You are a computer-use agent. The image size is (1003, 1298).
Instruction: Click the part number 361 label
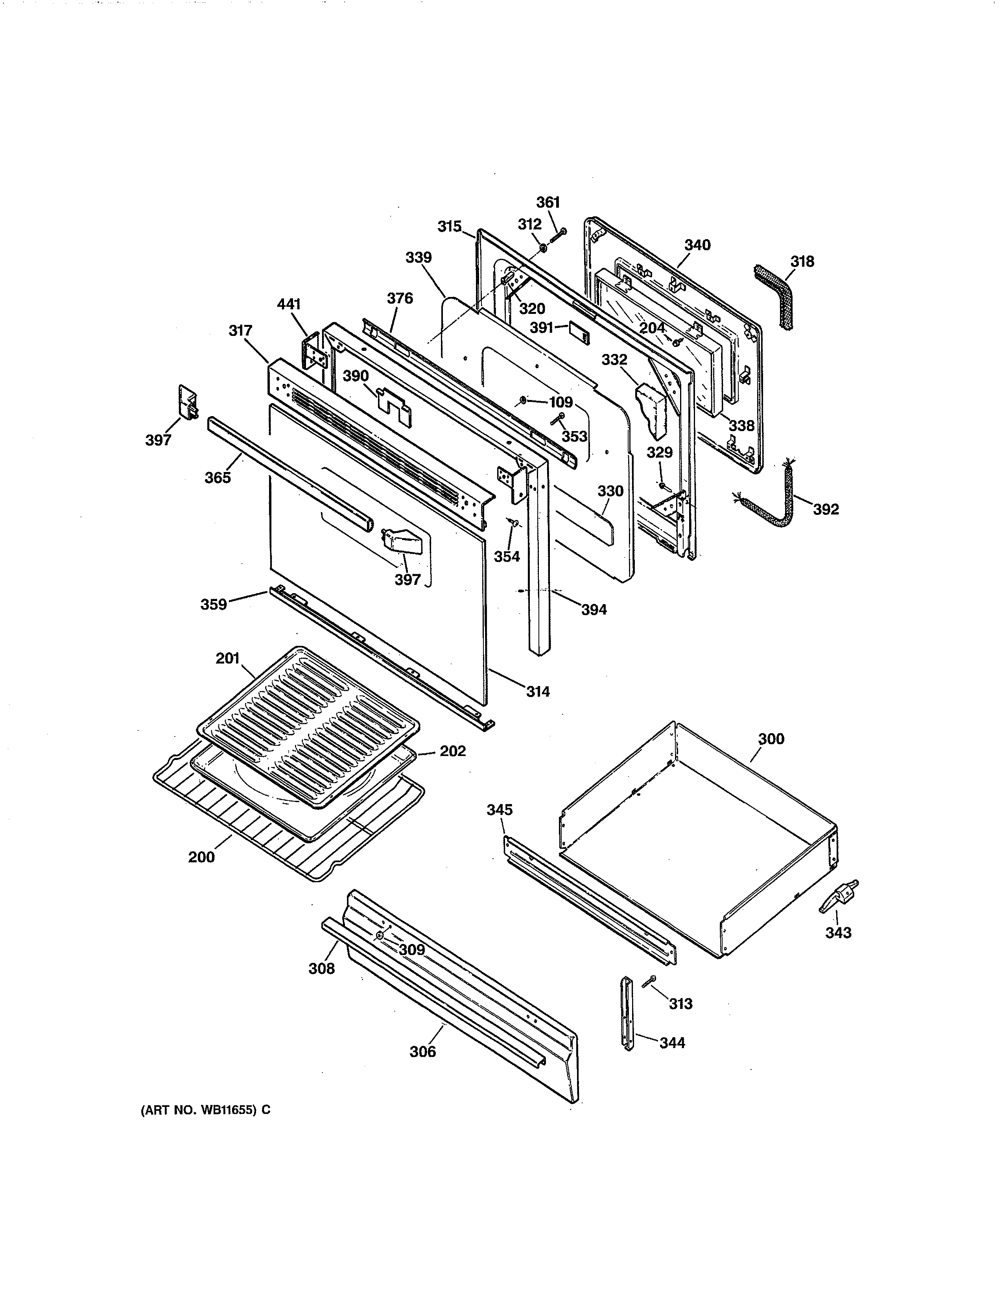click(548, 203)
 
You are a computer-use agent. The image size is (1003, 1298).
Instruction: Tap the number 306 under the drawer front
click(422, 1052)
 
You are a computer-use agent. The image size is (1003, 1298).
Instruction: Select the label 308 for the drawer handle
click(321, 969)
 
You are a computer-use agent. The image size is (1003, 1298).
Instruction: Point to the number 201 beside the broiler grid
click(228, 658)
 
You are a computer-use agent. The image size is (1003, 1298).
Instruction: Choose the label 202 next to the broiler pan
click(452, 751)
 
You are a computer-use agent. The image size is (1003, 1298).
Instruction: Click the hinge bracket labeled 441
click(315, 354)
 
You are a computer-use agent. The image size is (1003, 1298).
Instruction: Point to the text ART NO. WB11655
click(205, 1110)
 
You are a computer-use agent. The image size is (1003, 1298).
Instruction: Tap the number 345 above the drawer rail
click(500, 810)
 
